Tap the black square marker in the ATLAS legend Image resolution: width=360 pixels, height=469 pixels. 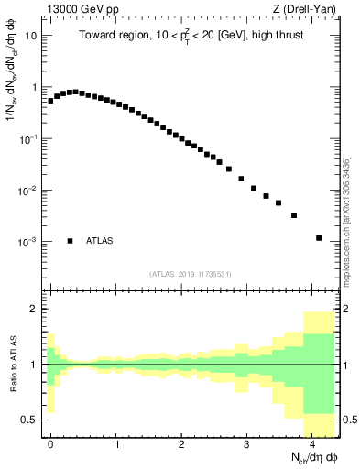coord(70,241)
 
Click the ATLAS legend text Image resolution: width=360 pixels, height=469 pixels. coord(100,241)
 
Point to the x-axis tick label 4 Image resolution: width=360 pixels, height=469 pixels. coord(312,443)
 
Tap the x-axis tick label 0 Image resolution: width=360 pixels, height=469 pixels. coord(50,443)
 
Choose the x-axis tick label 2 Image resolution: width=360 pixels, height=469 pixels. coord(181,443)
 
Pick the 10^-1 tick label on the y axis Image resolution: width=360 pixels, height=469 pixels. coord(31,139)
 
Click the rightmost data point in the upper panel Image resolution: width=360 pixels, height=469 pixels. coord(319,238)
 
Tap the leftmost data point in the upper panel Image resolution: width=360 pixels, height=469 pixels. coord(50,101)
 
